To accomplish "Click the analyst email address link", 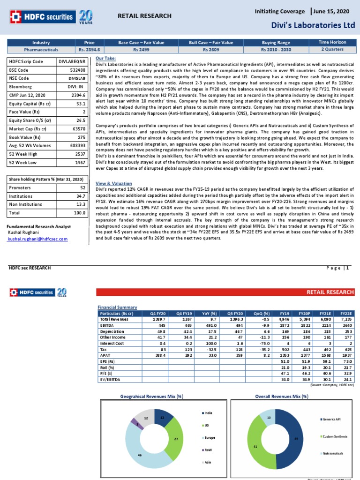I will click(x=37, y=239).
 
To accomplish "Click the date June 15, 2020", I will click(x=336, y=10).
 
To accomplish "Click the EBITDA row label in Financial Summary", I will click(x=107, y=325).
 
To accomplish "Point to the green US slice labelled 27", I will click(x=175, y=439).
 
